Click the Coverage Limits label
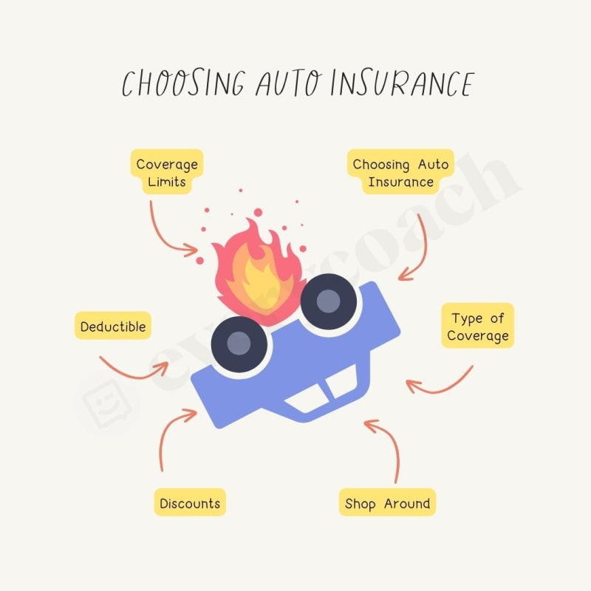click(x=168, y=173)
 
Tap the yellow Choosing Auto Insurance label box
click(x=400, y=173)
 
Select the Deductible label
click(x=113, y=326)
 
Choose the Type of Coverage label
click(x=478, y=327)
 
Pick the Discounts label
click(x=190, y=503)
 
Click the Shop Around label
click(x=387, y=503)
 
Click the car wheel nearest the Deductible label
click(x=238, y=344)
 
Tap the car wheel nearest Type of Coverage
click(x=329, y=301)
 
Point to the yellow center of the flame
click(x=257, y=284)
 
